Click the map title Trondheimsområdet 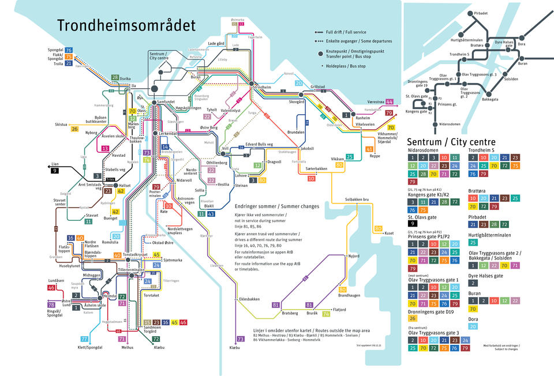click(x=126, y=25)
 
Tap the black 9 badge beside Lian click(x=55, y=171)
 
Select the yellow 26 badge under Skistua click(x=74, y=129)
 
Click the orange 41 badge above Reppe click(x=369, y=149)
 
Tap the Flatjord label click(x=340, y=310)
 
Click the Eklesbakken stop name click(x=249, y=299)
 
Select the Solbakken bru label click(x=357, y=199)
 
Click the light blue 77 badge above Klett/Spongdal click(x=85, y=339)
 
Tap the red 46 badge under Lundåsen click(x=51, y=288)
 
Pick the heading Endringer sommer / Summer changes click(x=276, y=206)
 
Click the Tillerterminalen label click(x=131, y=269)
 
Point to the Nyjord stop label click(x=354, y=255)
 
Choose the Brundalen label click(x=296, y=132)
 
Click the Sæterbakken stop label click(x=316, y=169)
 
